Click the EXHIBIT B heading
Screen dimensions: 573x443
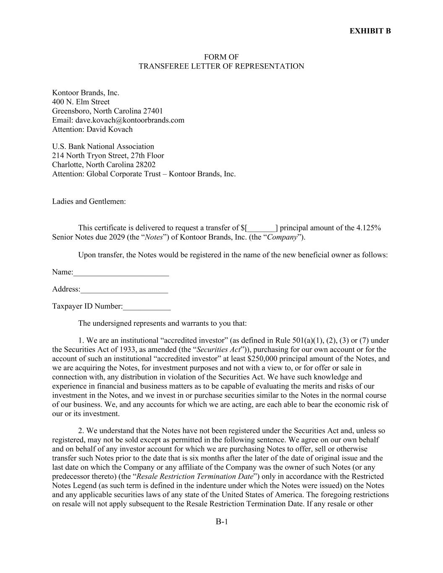pos(370,31)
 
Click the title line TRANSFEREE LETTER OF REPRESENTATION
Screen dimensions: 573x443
pos(221,66)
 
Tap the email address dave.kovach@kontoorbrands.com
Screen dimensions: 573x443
pos(130,120)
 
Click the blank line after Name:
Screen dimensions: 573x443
pos(121,273)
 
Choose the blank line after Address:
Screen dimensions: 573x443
pos(124,290)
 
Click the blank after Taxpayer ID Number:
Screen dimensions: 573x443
pos(147,307)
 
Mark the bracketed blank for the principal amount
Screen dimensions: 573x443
pos(262,228)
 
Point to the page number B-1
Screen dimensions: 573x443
pos(221,522)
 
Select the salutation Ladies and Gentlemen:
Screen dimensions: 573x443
pos(89,201)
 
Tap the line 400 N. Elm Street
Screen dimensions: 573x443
pos(81,102)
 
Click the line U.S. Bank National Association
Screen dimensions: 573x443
pos(103,147)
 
